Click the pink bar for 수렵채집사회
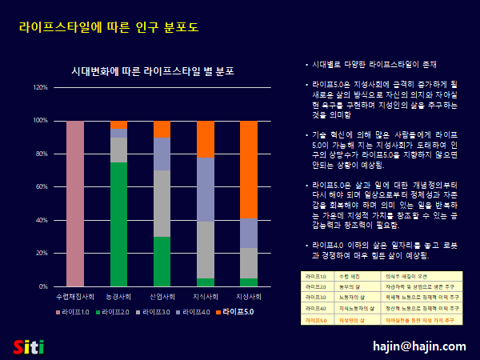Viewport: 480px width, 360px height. click(x=75, y=203)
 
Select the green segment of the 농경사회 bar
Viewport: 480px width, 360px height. click(x=118, y=224)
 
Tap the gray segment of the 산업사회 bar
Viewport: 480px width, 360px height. click(x=162, y=203)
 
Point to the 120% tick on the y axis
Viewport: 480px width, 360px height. click(x=40, y=87)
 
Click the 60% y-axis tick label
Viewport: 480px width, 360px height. click(x=41, y=186)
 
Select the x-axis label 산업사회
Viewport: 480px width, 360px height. click(x=162, y=296)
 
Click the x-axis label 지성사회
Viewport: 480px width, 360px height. click(x=249, y=296)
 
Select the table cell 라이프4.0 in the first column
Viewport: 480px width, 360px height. click(x=314, y=308)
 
